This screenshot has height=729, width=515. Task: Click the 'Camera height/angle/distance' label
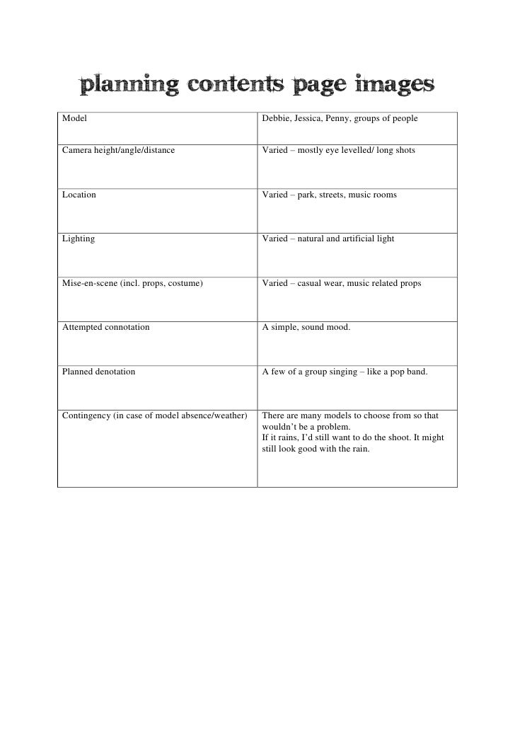tap(118, 151)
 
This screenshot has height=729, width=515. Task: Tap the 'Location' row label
tap(79, 194)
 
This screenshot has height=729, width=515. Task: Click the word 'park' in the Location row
tap(308, 194)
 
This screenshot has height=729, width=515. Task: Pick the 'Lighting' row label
tap(79, 239)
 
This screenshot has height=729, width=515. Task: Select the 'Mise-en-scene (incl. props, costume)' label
tap(132, 283)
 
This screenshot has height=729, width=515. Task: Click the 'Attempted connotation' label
tap(105, 327)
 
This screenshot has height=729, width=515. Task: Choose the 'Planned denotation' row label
tap(98, 371)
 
